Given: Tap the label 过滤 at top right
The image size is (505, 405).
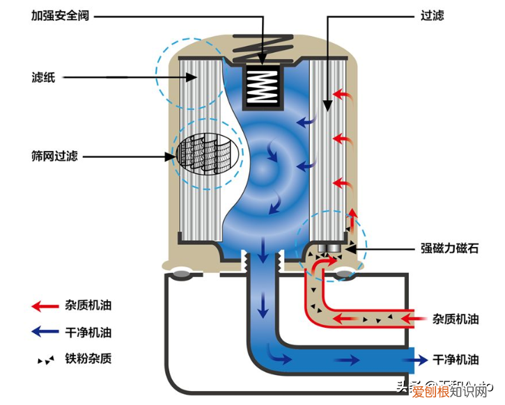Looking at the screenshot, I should pyautogui.click(x=433, y=15).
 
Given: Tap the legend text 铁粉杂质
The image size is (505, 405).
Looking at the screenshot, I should pyautogui.click(x=91, y=359).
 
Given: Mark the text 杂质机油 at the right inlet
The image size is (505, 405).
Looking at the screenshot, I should pyautogui.click(x=456, y=319).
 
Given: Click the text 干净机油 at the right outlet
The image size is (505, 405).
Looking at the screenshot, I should pyautogui.click(x=456, y=360).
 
